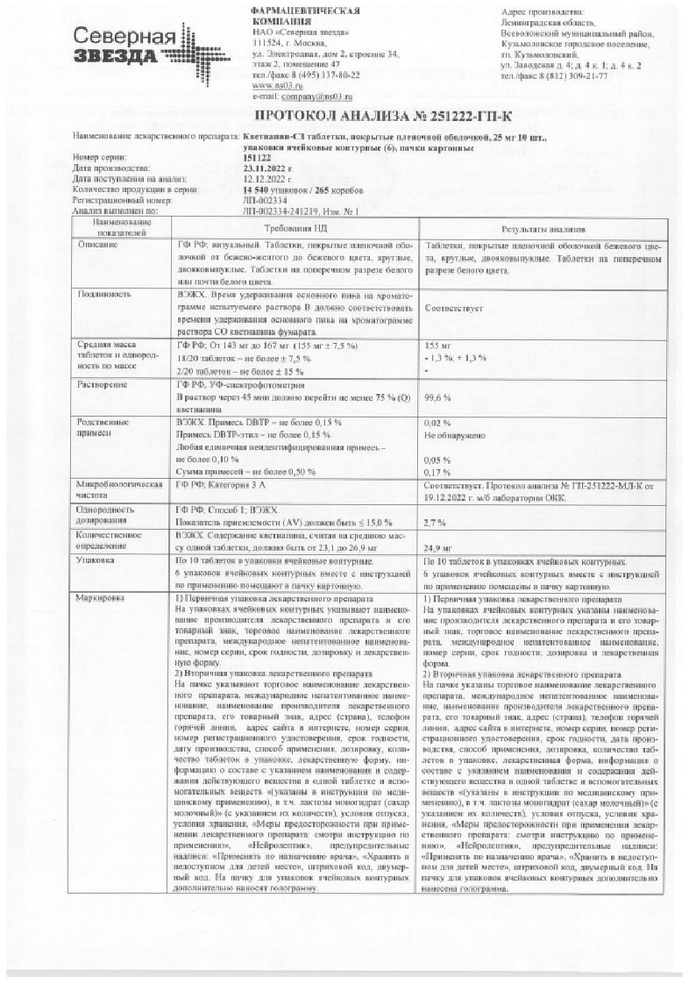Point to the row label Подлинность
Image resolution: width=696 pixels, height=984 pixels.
pyautogui.click(x=102, y=295)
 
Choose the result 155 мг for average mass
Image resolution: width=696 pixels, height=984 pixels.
pyautogui.click(x=436, y=346)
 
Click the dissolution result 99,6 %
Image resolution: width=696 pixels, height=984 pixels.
pyautogui.click(x=437, y=397)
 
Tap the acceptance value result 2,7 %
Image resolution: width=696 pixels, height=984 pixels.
pyautogui.click(x=435, y=522)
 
